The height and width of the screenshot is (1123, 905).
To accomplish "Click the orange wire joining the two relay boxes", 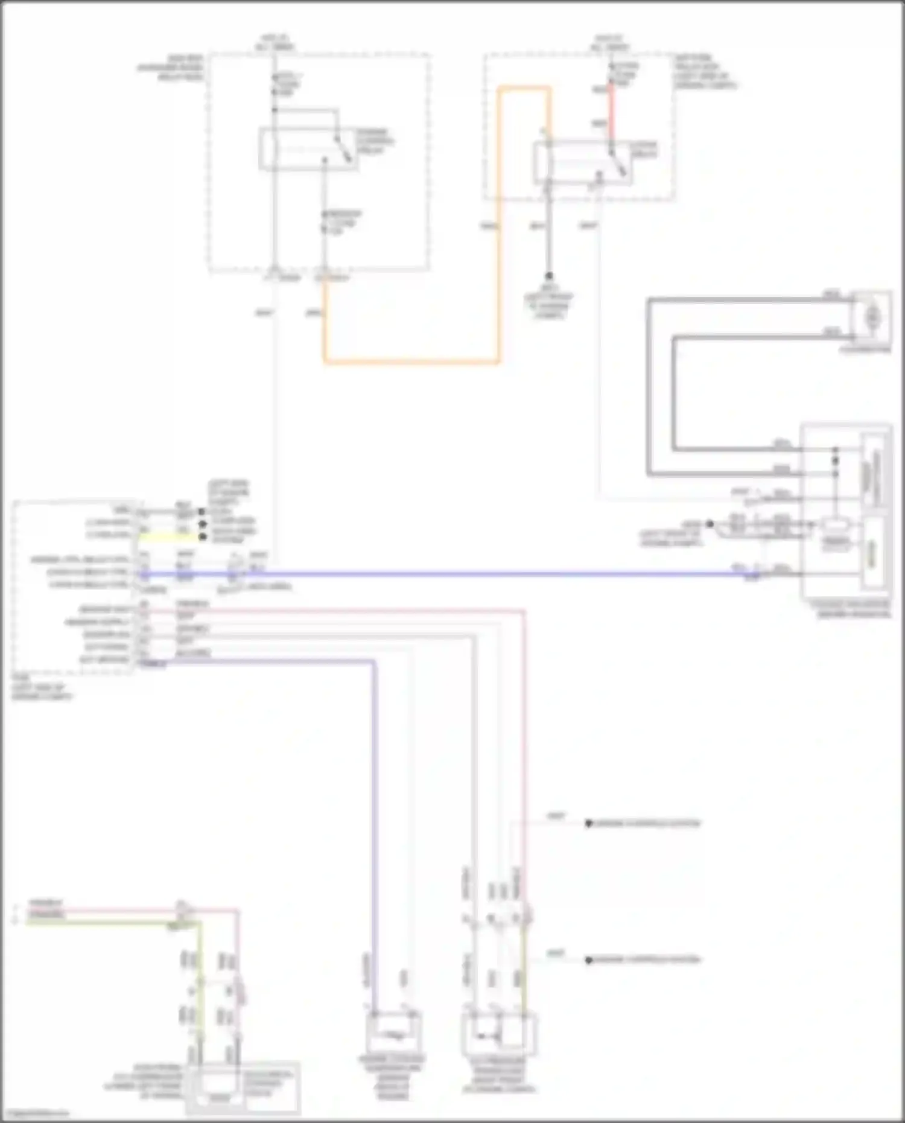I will click(410, 362).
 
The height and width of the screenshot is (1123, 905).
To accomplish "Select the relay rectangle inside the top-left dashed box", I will click(308, 148).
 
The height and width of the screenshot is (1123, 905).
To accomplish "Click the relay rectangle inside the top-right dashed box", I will click(582, 163).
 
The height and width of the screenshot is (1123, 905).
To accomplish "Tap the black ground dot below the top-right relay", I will click(549, 276).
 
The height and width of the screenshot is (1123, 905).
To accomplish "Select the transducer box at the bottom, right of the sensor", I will click(500, 1034).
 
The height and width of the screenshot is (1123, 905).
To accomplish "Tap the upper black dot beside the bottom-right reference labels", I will click(589, 824).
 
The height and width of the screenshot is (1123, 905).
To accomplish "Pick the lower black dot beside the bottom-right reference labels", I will click(589, 959).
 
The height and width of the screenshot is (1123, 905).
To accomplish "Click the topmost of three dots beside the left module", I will click(202, 512).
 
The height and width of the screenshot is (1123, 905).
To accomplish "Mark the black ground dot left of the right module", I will click(710, 524).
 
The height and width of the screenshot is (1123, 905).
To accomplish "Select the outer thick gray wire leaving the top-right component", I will click(649, 386).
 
